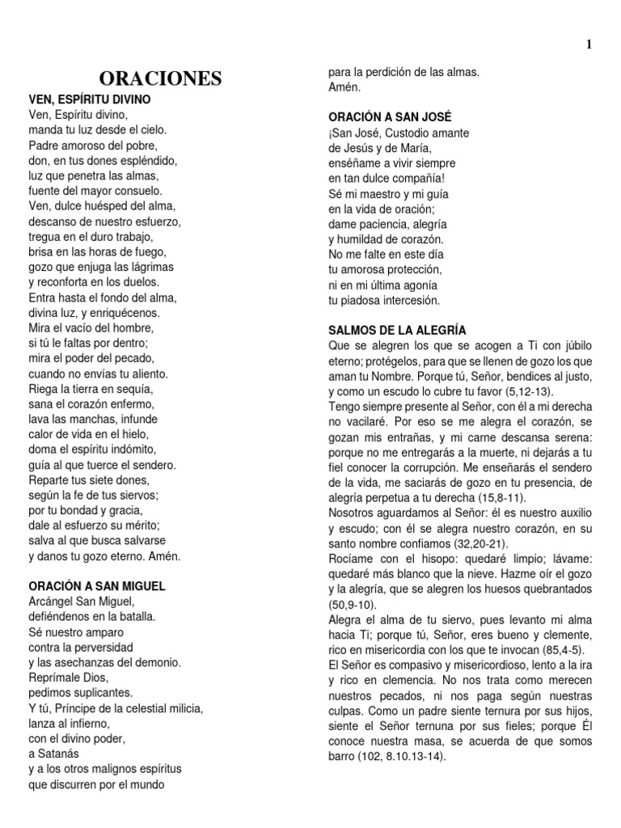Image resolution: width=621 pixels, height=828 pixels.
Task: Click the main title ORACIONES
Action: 160,79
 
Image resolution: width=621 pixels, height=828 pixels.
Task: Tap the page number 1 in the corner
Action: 589,44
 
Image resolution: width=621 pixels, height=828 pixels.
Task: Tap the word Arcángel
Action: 54,602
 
